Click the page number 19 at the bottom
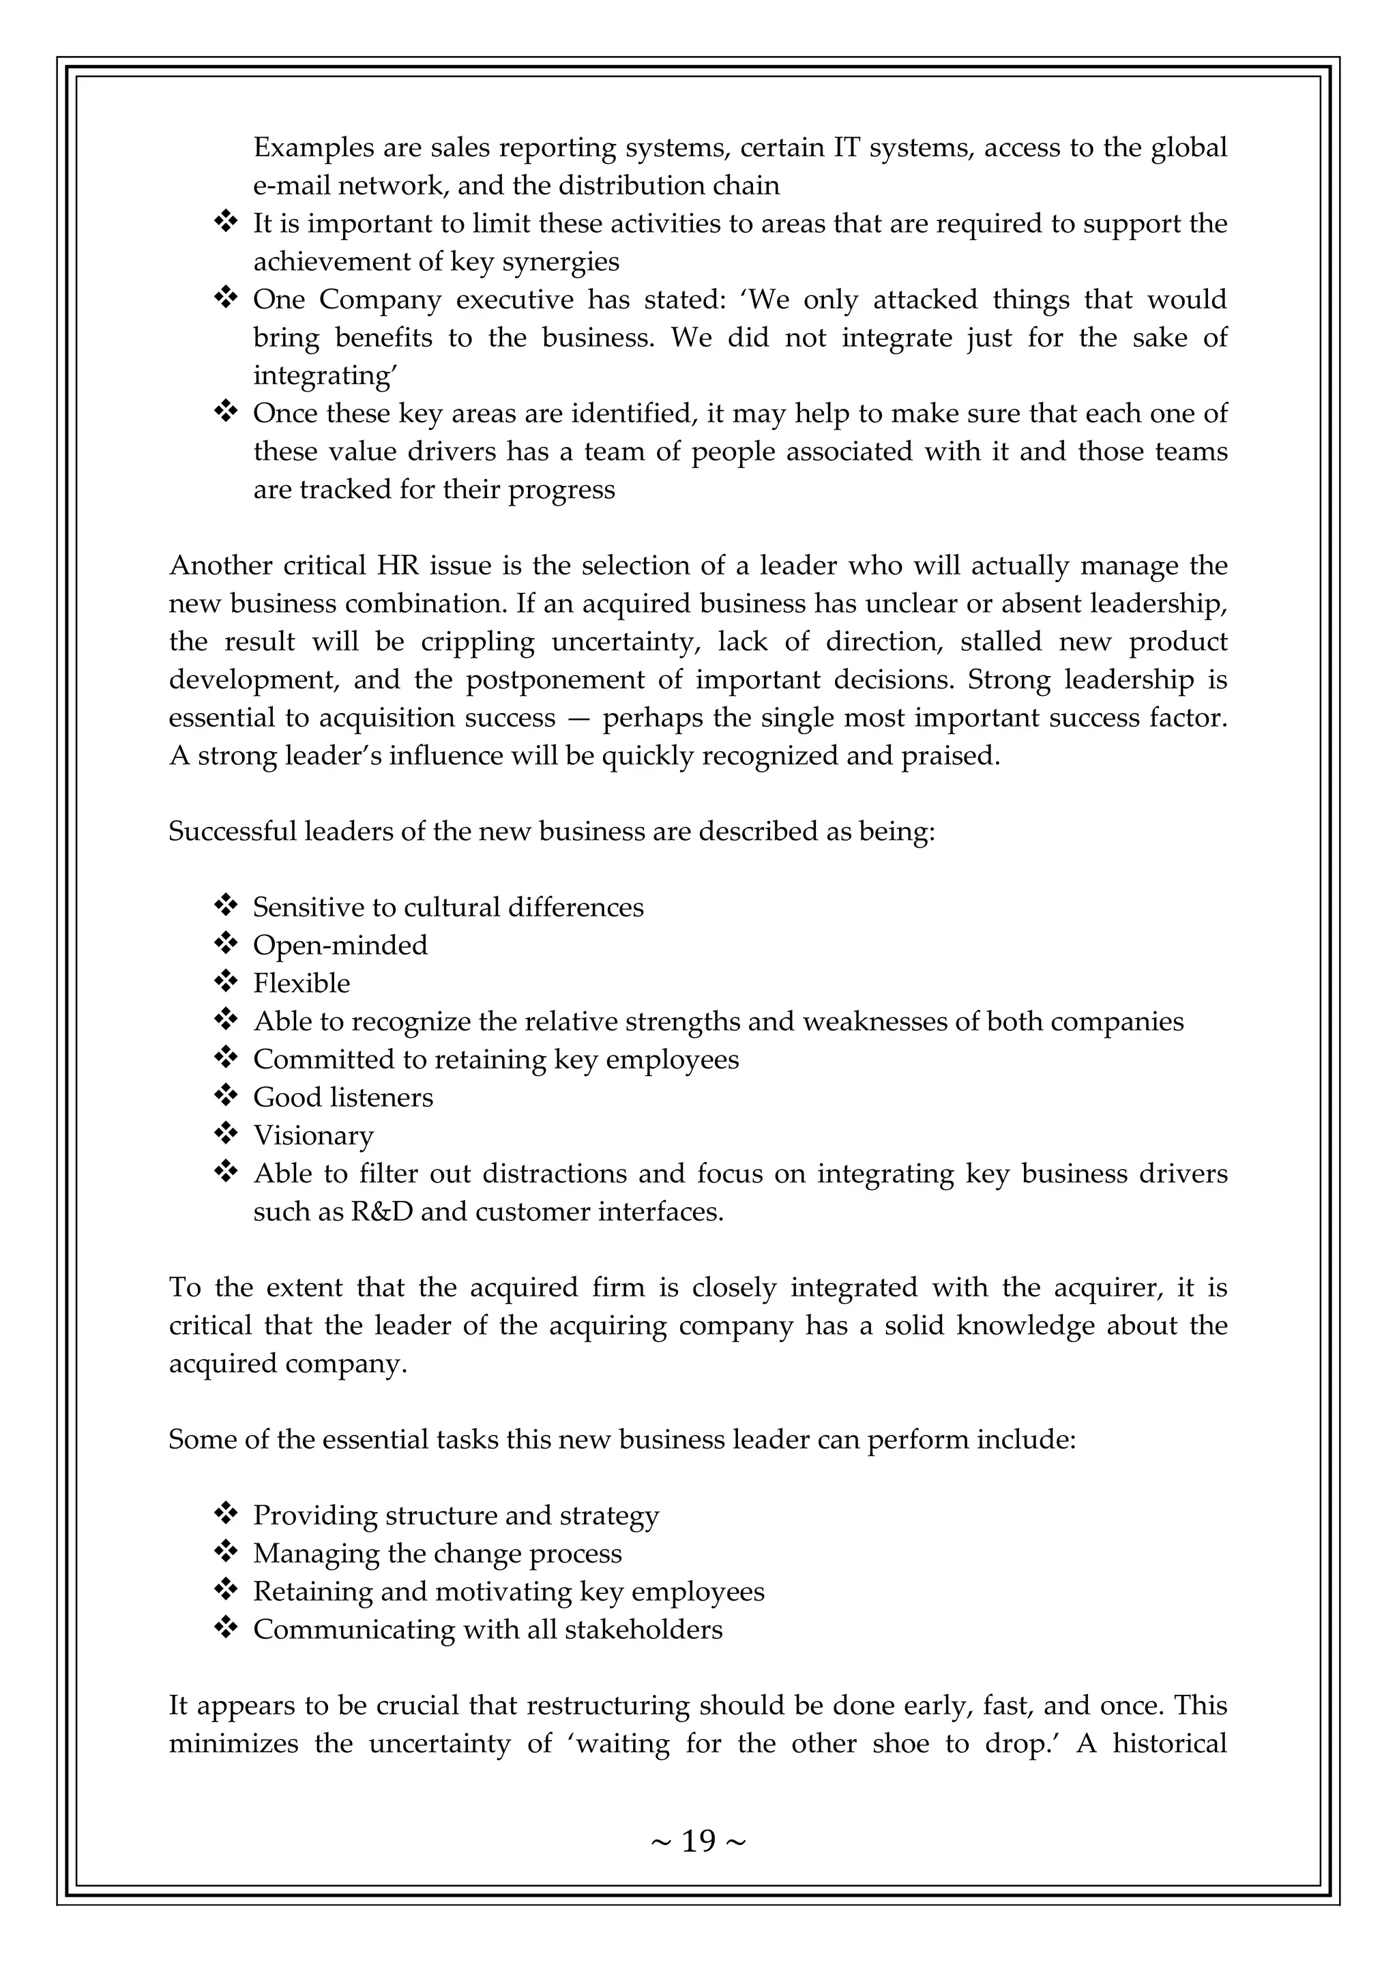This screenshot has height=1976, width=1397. coord(698,1841)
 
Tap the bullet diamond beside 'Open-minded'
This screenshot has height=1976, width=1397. coord(225,944)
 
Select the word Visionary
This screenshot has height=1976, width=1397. coord(313,1136)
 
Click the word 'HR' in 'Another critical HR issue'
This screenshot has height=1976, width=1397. coord(396,566)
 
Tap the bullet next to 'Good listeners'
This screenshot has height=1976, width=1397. coord(225,1096)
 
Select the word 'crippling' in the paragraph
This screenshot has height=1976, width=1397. coord(478,642)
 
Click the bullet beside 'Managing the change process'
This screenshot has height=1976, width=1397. coord(225,1552)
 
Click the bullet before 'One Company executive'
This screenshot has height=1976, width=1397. coord(225,299)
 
